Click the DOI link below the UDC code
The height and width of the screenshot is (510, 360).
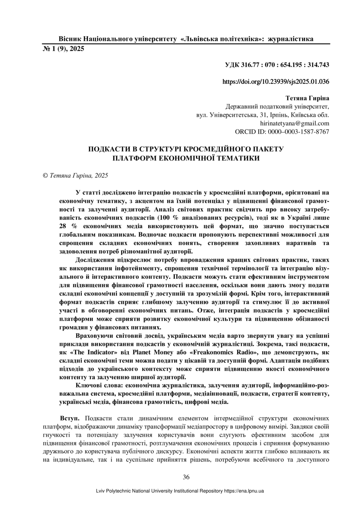(x=275, y=81)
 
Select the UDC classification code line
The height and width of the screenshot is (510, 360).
(x=277, y=65)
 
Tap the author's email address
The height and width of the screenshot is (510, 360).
(x=294, y=123)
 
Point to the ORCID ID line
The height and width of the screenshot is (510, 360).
(x=282, y=132)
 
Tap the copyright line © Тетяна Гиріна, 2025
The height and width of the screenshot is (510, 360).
(x=76, y=175)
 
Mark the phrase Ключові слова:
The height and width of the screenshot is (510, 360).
(x=99, y=385)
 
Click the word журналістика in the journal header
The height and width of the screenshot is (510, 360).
(x=290, y=39)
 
